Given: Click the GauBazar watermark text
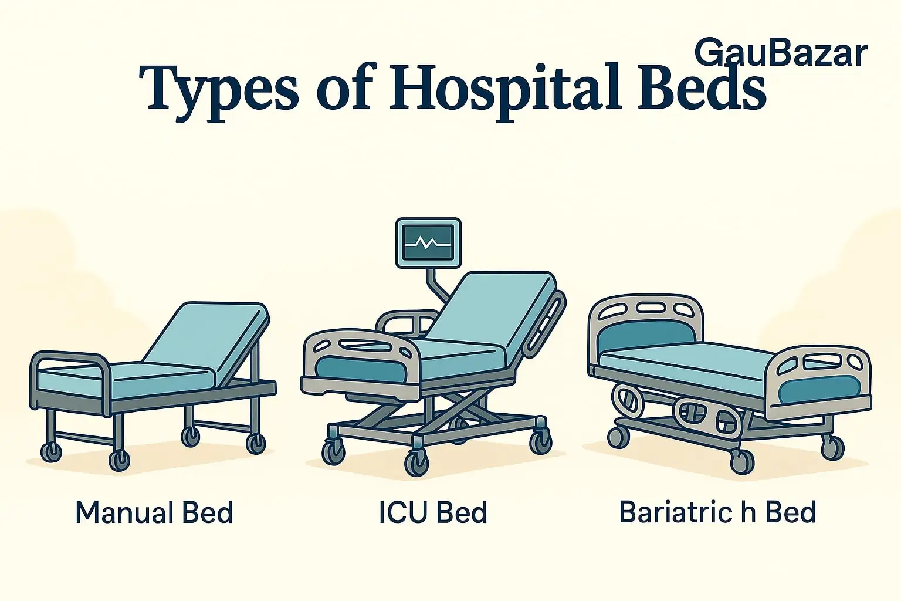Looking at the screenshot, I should coord(780,53).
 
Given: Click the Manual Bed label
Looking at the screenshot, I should coord(154,512).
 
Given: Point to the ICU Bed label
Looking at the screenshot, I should coord(433,512).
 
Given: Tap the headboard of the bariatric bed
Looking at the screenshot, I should coord(645,329).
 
